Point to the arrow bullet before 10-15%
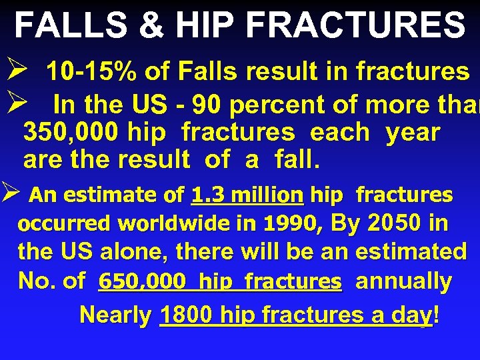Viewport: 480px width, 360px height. coord(17,70)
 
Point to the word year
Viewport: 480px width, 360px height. coord(413,132)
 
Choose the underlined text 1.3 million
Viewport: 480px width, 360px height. coord(247,195)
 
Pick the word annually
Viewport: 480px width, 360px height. coord(403,281)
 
